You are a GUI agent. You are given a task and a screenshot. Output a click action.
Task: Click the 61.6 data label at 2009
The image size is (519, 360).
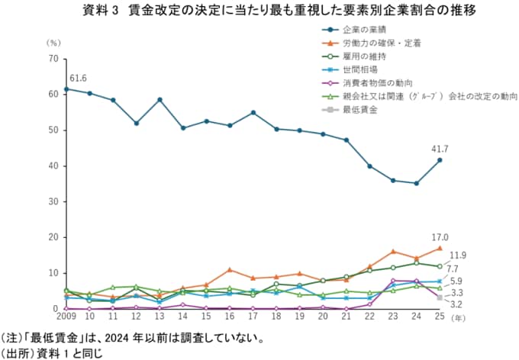(78, 79)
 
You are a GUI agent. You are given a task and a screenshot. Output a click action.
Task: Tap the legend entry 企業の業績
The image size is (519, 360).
(360, 30)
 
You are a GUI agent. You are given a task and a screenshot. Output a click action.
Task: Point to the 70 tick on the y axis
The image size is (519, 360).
(53, 59)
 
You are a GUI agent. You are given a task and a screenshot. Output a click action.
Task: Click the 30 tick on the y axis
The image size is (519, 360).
(53, 201)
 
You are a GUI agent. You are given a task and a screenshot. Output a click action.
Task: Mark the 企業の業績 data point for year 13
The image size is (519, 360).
(160, 100)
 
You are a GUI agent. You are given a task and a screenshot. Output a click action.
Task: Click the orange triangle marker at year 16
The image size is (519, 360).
(230, 270)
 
